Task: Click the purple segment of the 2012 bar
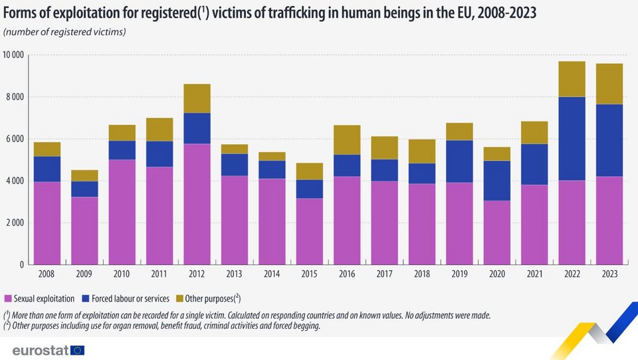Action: pyautogui.click(x=197, y=204)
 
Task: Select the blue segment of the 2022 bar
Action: pyautogui.click(x=572, y=138)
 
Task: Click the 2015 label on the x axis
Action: pyautogui.click(x=310, y=274)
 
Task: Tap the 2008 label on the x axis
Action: pyautogui.click(x=47, y=274)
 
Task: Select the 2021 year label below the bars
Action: pyautogui.click(x=534, y=274)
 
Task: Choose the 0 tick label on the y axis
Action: pyautogui.click(x=23, y=264)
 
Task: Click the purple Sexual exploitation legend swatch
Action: pyautogui.click(x=7, y=298)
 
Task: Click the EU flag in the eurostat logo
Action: pyautogui.click(x=77, y=350)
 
